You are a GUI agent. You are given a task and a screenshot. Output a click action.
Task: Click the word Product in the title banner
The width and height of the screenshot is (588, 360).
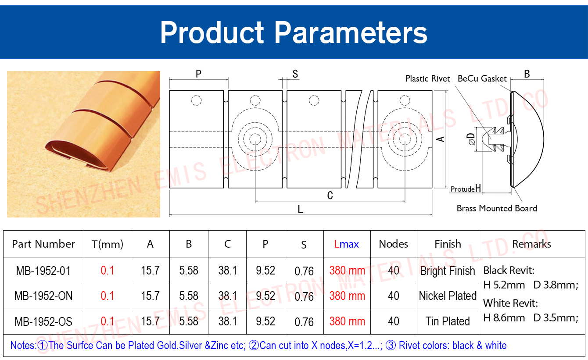click(212, 32)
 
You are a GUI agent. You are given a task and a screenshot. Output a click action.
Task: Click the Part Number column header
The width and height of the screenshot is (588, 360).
click(43, 244)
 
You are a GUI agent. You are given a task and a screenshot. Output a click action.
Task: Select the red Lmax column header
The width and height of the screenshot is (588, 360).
click(346, 244)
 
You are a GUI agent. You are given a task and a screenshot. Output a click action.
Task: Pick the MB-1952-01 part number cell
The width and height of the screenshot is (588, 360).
click(43, 271)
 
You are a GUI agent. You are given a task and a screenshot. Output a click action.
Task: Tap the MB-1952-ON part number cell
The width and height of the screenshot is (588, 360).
click(43, 296)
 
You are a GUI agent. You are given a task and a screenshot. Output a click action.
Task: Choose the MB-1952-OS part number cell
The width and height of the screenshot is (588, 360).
click(43, 321)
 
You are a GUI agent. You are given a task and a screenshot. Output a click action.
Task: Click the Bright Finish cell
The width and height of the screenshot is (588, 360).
click(448, 271)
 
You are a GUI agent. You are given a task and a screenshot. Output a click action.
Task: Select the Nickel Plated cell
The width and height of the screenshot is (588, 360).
click(448, 296)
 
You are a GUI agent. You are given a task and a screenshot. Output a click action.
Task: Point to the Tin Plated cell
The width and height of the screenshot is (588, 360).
click(448, 321)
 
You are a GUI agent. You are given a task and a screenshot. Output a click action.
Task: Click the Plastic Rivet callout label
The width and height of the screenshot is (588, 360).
click(427, 78)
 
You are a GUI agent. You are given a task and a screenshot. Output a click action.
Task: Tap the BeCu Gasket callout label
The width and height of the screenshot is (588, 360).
click(482, 78)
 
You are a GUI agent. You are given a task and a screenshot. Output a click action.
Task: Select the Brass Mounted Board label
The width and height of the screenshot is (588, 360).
click(497, 208)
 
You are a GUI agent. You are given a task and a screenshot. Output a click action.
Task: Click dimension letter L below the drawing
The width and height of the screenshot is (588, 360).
click(301, 209)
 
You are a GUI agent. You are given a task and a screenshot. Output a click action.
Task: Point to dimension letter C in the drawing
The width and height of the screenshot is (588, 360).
click(330, 196)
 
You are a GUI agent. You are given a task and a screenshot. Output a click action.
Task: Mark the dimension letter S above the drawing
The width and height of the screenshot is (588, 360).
click(295, 74)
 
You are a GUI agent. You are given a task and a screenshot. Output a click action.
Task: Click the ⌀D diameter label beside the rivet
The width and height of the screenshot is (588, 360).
click(471, 139)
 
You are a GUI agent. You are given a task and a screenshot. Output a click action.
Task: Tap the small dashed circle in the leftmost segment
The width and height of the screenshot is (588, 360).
click(196, 100)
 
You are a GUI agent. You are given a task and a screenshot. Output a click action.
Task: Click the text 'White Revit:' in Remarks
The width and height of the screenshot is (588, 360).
click(511, 303)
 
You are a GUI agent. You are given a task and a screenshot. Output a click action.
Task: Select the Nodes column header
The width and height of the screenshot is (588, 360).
click(394, 244)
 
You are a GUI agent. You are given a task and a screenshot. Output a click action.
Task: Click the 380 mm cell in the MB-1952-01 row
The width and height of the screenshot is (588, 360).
click(347, 271)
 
